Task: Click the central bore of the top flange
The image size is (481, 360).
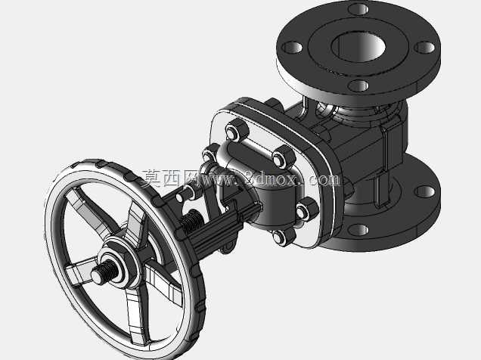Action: coord(358,46)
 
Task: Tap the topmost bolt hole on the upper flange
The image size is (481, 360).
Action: coord(358,8)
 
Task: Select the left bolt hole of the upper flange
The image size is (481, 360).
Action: coord(293,48)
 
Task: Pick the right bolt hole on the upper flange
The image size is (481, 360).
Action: coord(425,48)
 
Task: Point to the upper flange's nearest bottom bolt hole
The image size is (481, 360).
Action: coord(358,85)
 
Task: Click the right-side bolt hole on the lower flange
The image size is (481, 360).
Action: coord(424,191)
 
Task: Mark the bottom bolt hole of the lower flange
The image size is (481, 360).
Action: coord(358,230)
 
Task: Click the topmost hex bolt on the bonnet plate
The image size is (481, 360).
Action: coord(237,130)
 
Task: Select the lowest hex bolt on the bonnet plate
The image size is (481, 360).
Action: coord(283,236)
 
